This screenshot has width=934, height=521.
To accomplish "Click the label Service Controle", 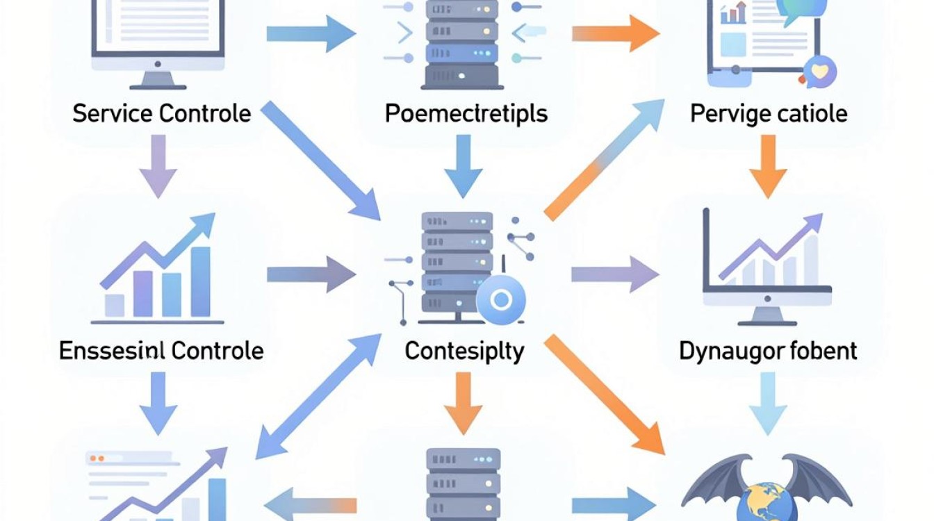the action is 162,113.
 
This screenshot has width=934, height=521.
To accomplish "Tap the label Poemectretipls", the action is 466,114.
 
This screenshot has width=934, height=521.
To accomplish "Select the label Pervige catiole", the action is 769,114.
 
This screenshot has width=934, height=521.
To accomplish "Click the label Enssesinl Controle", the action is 161,351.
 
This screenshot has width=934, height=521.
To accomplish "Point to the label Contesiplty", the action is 464,352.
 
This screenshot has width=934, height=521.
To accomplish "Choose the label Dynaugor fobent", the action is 768,351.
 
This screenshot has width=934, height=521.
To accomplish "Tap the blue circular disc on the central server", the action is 501,299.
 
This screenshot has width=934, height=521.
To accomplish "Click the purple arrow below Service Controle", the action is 158,166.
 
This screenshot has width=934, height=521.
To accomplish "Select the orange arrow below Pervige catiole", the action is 768,166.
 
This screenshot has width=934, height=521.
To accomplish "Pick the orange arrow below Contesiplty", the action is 464,404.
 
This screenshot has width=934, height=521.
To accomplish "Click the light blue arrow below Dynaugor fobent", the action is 768,404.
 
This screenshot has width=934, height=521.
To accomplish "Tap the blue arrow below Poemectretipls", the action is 464,166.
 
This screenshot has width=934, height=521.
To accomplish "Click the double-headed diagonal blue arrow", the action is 318,397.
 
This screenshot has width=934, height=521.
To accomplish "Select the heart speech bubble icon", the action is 820,72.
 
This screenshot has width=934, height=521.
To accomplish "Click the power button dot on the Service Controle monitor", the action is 158,64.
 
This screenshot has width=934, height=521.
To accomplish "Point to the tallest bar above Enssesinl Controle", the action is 200,282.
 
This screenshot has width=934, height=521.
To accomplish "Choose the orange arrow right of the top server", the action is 616,33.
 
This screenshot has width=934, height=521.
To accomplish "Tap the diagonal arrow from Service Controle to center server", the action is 320,160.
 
